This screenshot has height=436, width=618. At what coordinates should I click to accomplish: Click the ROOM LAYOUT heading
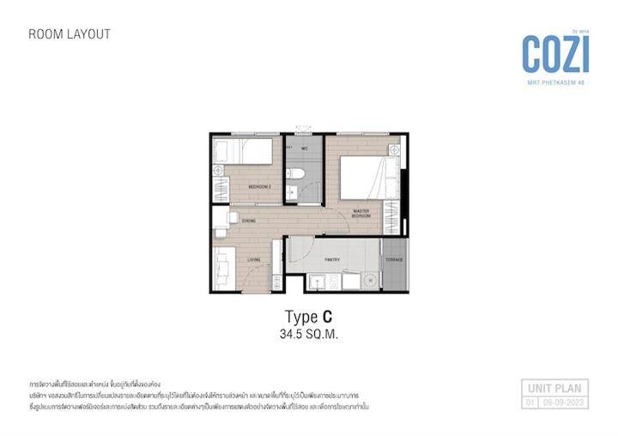70,34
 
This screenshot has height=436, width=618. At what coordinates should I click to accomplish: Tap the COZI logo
556,54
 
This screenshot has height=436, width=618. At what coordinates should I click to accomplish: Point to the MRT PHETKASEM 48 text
557,82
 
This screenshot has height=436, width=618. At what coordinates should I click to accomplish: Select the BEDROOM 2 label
259,186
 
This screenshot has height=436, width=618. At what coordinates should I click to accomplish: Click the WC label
304,148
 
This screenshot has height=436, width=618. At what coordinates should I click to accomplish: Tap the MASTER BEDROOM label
360,214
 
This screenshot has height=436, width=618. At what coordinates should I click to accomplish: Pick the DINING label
248,221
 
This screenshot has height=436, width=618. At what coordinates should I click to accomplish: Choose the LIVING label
254,259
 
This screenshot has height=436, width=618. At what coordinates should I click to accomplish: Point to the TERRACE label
394,259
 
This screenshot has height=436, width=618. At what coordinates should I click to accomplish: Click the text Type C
308,316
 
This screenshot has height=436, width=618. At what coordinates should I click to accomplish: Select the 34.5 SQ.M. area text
309,335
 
